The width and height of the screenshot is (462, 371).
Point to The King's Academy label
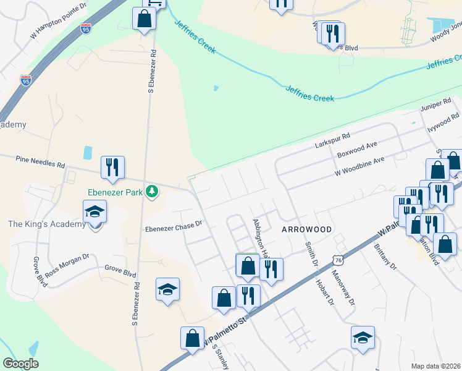47,224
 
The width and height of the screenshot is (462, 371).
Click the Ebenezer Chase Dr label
174,227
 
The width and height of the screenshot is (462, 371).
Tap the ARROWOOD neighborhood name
306,229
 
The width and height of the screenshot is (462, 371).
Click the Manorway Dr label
343,288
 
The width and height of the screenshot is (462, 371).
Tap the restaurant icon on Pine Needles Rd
112,167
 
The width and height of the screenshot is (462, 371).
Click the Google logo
20,364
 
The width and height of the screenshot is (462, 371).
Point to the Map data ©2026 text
436,366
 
